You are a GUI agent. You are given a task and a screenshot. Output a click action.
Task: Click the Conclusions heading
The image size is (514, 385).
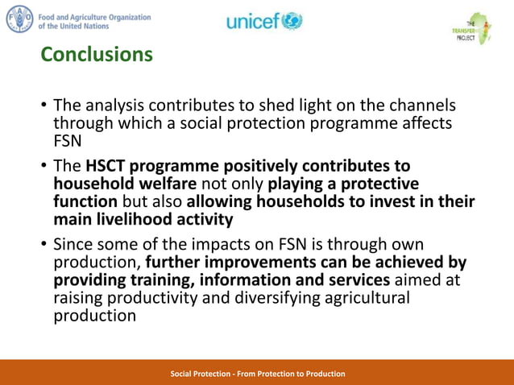coord(97,54)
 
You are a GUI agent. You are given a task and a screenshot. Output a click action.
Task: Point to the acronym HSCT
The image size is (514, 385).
coord(111,166)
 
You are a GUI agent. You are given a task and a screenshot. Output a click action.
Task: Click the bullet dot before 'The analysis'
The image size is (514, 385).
coord(44,106)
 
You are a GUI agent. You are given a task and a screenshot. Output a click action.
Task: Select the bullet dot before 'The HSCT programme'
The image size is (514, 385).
coord(44,166)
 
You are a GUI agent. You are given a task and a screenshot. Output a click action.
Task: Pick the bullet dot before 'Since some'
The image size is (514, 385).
coord(44,245)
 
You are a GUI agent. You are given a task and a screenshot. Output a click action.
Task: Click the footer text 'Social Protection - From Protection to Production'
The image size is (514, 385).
coord(258,374)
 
